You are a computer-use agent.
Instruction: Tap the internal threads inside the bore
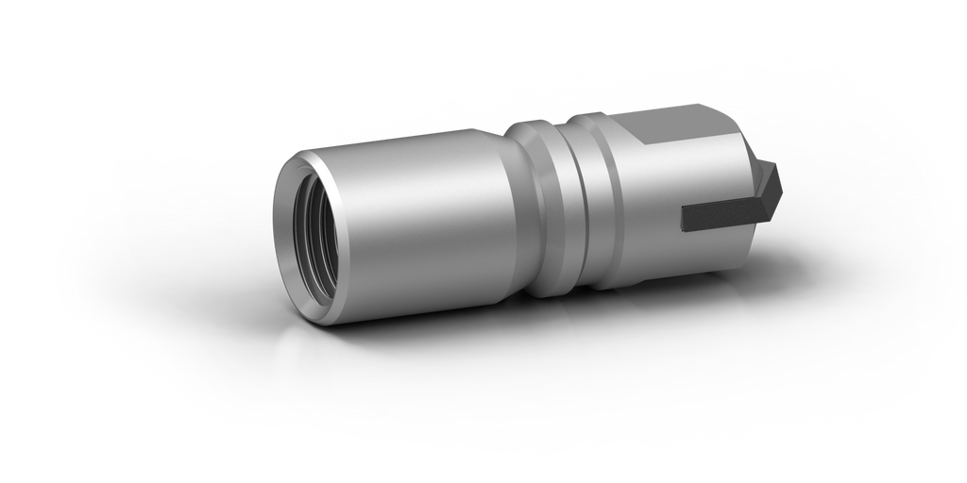point(331,236)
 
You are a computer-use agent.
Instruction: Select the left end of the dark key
point(684,216)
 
